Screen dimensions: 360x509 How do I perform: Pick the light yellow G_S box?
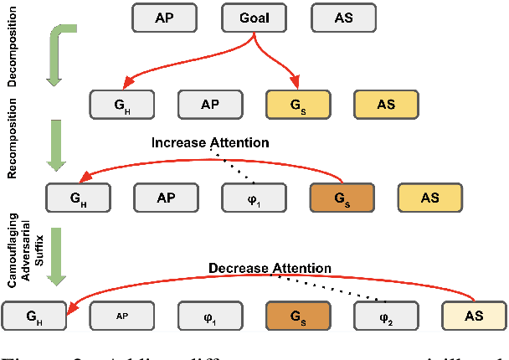(296, 105)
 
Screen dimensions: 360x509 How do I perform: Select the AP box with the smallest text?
(121, 316)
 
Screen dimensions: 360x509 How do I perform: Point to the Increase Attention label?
(210, 142)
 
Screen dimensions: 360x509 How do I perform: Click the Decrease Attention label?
(270, 268)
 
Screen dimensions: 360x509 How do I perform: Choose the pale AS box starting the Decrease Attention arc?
(473, 316)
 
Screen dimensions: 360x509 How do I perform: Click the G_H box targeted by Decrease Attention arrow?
(33, 316)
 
